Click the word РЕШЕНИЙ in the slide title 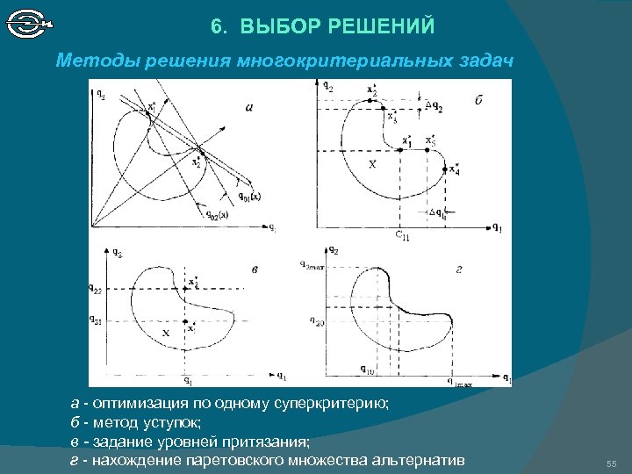click(383, 26)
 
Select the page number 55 click(612, 463)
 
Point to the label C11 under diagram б click(402, 235)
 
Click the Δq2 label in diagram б click(434, 107)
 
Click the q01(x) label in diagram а click(248, 196)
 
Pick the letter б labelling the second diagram click(478, 101)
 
